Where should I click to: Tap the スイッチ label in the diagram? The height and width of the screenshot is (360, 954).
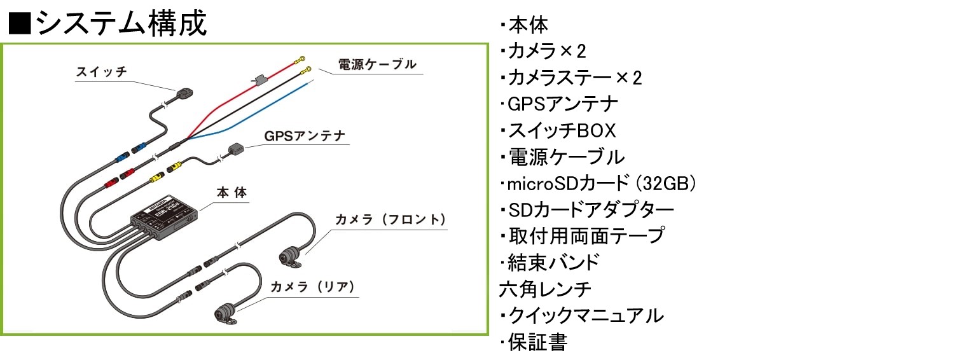(102, 72)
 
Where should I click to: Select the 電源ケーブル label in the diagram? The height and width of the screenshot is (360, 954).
(377, 64)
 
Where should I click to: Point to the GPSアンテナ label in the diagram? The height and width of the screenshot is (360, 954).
(305, 136)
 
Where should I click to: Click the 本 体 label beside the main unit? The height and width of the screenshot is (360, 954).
(232, 193)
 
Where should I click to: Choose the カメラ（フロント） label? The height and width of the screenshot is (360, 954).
(391, 219)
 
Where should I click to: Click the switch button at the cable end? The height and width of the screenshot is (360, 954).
(184, 93)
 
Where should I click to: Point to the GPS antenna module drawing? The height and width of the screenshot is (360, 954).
(236, 149)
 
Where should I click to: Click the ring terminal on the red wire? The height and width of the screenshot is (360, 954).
(301, 59)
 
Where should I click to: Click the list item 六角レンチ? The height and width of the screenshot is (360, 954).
(545, 289)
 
